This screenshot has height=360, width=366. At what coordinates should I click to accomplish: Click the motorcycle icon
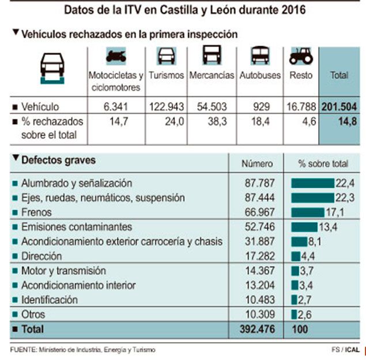[116, 56]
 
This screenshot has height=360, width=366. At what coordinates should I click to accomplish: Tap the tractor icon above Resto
[300, 55]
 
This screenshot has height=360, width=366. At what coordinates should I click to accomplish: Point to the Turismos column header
[166, 75]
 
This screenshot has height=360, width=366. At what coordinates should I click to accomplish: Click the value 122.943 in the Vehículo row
[167, 107]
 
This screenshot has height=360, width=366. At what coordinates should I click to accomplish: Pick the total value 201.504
[339, 107]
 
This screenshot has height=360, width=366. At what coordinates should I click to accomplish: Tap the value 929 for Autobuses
[260, 107]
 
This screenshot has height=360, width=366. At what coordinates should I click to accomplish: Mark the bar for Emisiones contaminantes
[304, 227]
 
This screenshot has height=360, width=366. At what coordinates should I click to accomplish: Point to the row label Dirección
[41, 256]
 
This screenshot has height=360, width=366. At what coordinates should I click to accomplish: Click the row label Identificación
[49, 300]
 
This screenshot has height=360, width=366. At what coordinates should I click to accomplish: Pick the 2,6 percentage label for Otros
[305, 315]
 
